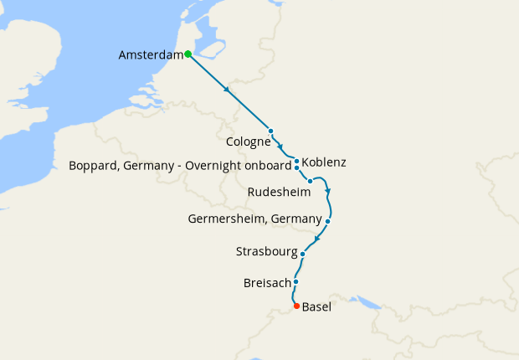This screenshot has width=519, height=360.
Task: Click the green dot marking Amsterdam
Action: pos(188,54)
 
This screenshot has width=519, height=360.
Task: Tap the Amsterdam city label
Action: pos(151,55)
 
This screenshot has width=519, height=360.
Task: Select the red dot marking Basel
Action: pos(296,306)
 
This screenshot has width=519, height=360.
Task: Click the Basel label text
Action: pos(316,307)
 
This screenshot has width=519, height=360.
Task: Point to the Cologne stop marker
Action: pos(271,131)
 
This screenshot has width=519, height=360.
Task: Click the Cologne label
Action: pos(249,142)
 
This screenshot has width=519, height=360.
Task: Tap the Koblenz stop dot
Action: pos(297,161)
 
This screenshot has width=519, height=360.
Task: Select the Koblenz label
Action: pos(323,162)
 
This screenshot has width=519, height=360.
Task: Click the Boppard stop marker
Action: pos(297,167)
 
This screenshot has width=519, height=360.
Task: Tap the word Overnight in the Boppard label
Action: pos(224,167)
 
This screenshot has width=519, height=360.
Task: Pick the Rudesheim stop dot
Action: pos(310,181)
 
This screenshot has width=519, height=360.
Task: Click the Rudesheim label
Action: pos(280,193)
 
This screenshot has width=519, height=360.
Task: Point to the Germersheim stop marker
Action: pos(328,221)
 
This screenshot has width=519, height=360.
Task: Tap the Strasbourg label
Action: pos(266,252)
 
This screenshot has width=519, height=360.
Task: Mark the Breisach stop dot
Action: pos(295,281)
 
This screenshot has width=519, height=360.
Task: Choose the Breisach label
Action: pos(267,283)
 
